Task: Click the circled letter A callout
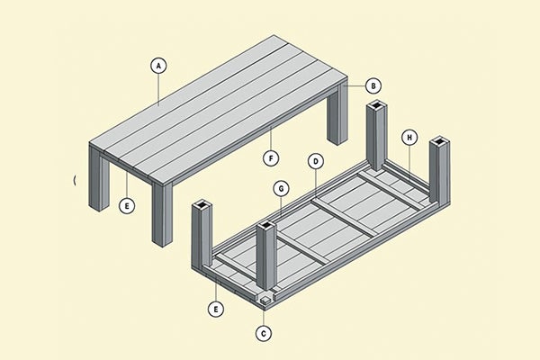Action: (x=158, y=66)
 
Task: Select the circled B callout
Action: (x=373, y=85)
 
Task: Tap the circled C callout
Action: (x=264, y=334)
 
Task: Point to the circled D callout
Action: (x=316, y=162)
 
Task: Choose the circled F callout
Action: (x=271, y=158)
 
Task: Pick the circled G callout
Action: (x=281, y=189)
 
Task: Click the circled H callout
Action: (x=409, y=138)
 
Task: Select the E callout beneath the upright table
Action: (x=127, y=206)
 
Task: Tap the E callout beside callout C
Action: (x=216, y=309)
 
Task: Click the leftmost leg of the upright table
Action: (x=99, y=179)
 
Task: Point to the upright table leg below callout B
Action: (x=337, y=113)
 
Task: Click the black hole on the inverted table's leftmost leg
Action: (x=202, y=206)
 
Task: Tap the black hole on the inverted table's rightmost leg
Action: (x=440, y=141)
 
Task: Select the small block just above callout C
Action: (x=265, y=300)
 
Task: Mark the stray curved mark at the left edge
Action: (x=75, y=180)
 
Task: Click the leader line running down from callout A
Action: (x=158, y=90)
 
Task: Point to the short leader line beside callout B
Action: (x=355, y=85)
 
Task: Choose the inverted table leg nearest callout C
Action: (x=265, y=256)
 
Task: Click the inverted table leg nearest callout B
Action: (x=377, y=136)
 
